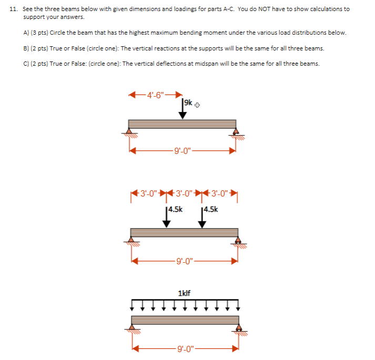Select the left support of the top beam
tap(129, 132)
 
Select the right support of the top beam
tap(235, 132)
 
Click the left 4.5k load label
tap(175, 209)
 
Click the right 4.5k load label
tap(210, 209)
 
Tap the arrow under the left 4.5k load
tap(167, 219)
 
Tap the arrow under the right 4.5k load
tap(202, 219)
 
